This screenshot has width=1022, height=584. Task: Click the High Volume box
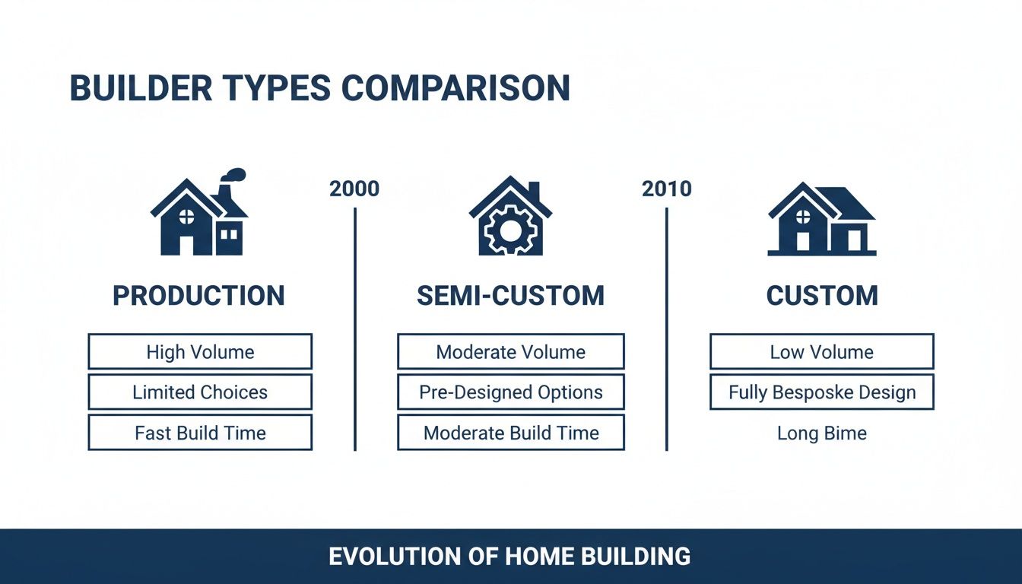click(x=200, y=352)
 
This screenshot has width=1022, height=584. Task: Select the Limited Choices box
click(x=200, y=392)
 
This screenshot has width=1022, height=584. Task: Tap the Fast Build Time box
click(x=200, y=433)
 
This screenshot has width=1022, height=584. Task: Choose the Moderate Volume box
click(x=510, y=352)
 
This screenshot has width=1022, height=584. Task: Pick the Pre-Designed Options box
click(x=510, y=392)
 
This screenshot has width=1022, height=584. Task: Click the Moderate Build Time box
click(x=510, y=433)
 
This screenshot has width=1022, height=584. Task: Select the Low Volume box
click(x=821, y=352)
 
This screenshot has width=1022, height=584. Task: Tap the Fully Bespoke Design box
click(x=821, y=392)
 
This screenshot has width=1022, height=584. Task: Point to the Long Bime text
click(x=821, y=433)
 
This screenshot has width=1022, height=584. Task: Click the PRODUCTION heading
click(x=198, y=296)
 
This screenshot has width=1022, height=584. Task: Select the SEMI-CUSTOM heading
click(x=510, y=296)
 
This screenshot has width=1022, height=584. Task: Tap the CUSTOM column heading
click(x=821, y=296)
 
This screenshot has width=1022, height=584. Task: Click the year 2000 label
click(x=354, y=189)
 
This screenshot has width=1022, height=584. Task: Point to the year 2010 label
click(x=666, y=189)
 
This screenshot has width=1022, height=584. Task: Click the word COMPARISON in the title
click(x=455, y=88)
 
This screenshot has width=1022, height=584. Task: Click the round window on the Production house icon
click(x=186, y=217)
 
